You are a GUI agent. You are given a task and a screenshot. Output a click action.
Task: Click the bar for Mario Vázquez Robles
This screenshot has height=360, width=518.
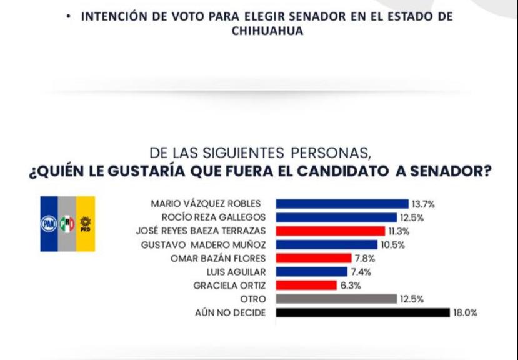[x=342, y=204]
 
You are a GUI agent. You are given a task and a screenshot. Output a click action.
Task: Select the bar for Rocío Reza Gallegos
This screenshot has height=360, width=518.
[x=336, y=217]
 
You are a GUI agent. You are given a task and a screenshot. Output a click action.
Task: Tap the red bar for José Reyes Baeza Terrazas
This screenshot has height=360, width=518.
[x=330, y=231]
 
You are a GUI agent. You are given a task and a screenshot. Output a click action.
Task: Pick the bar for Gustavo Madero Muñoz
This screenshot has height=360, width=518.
[x=326, y=244]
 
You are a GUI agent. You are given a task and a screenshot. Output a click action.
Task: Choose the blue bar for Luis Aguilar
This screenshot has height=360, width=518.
[x=311, y=272]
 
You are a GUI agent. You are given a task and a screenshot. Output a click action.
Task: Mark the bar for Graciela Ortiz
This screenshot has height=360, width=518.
[x=306, y=286]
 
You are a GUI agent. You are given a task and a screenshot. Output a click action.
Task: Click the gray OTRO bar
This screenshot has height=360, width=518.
[x=336, y=299]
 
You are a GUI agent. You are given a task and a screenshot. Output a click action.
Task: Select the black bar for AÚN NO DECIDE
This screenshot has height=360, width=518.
[x=362, y=312]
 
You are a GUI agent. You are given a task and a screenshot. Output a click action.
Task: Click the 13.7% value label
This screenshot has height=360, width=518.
[x=423, y=204]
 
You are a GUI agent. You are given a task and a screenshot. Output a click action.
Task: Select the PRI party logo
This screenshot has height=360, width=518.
[x=67, y=224]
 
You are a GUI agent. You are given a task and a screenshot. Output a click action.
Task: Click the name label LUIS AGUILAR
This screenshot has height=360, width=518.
[x=236, y=272]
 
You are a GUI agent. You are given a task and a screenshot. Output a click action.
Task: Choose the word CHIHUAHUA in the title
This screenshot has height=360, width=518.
[x=267, y=31]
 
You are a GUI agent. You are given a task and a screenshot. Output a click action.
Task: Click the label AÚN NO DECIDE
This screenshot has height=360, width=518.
[x=230, y=312]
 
